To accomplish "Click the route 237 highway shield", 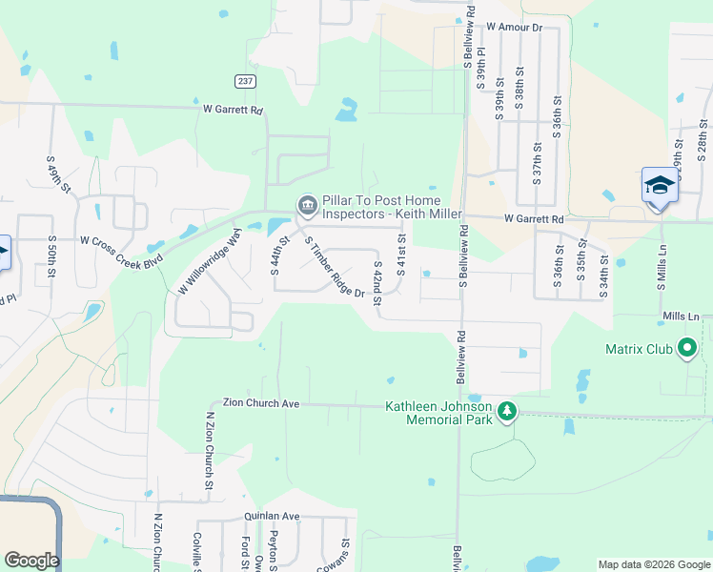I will (x=246, y=82).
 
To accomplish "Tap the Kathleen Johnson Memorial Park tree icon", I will (x=508, y=411).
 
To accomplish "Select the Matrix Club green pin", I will (x=685, y=349).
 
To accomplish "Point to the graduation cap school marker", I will (x=660, y=185).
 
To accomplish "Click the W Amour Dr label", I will (x=513, y=28).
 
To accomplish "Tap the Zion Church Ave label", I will (x=261, y=404).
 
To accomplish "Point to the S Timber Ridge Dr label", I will (x=335, y=267).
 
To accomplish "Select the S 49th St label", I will (x=58, y=174).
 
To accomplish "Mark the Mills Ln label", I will (x=681, y=316).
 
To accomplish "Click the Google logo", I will (x=31, y=561).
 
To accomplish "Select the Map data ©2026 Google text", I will (x=654, y=564).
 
